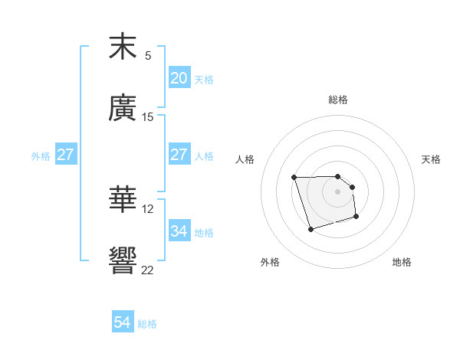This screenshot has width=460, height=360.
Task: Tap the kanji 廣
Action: coord(123,108)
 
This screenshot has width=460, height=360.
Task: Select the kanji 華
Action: coord(123,200)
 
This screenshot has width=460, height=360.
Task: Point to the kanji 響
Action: coord(123,261)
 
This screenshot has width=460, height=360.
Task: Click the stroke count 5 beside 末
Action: coord(148,56)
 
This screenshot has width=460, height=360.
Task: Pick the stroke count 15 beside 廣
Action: coord(148,117)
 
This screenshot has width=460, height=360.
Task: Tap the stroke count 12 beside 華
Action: coord(148,209)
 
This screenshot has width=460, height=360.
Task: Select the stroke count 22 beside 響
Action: coord(148,270)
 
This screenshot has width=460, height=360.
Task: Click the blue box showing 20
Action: coord(179,78)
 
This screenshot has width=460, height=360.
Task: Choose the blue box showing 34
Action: coord(179,231)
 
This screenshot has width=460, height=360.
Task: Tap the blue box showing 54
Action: coord(123,323)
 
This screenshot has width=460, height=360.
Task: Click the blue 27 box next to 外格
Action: coord(66,155)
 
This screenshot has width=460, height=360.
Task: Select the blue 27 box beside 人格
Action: coord(179,155)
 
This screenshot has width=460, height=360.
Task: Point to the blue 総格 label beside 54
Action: coord(147,324)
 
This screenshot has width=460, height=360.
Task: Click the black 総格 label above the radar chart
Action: coord(337,100)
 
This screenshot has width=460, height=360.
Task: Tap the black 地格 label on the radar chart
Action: coord(402,262)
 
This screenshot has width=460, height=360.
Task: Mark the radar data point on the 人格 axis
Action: coord(294,178)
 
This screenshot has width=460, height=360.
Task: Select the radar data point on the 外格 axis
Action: coord(310,229)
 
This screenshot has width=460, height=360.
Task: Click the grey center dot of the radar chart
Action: coord(337,191)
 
